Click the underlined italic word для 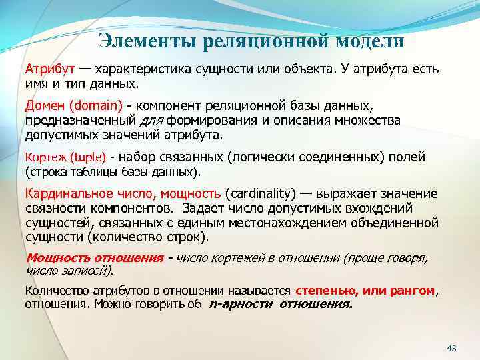tap(153, 120)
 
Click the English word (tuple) tap(88, 157)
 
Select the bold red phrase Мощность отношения tap(94, 258)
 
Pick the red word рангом tap(412, 291)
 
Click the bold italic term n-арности tap(241, 304)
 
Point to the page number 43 tap(451, 349)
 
